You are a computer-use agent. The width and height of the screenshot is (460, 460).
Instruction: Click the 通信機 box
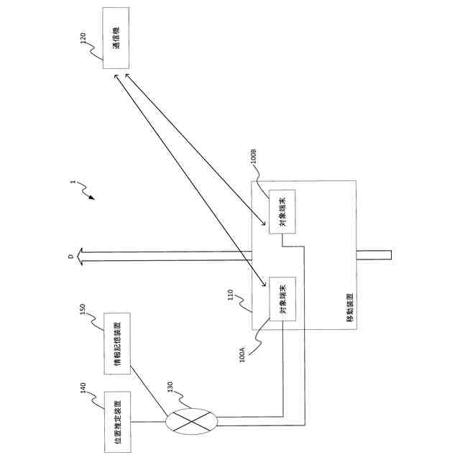(116, 38)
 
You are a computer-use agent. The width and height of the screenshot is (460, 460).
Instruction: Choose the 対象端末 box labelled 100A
(282, 297)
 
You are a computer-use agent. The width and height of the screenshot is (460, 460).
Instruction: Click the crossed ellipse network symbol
(190, 421)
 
